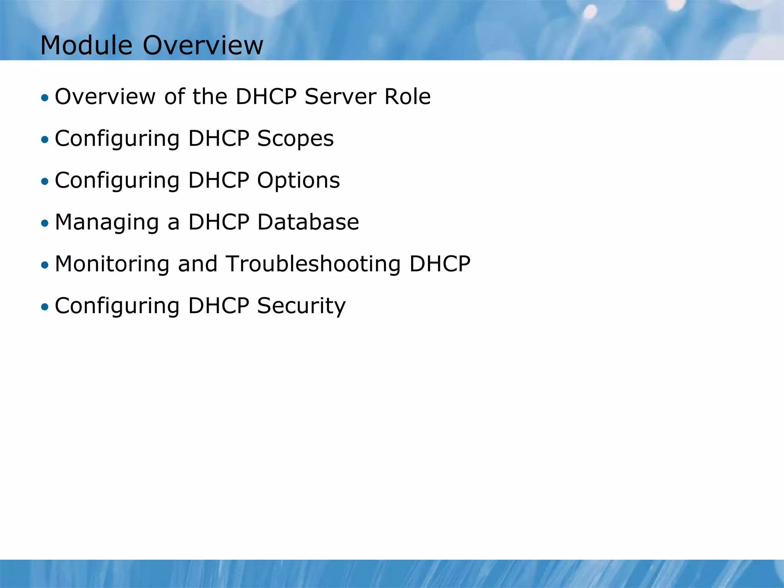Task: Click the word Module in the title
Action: click(86, 45)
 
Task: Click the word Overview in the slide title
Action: click(203, 45)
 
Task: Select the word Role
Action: click(407, 96)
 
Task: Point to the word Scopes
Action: click(295, 138)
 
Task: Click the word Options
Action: click(298, 180)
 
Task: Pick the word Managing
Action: click(107, 222)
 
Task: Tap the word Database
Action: click(308, 222)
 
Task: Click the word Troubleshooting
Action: click(313, 264)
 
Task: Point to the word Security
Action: click(301, 306)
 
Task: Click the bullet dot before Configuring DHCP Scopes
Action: click(45, 139)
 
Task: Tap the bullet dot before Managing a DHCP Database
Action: click(45, 223)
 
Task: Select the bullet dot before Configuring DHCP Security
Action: click(45, 307)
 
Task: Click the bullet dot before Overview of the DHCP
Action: click(45, 98)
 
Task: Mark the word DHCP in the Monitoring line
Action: click(439, 264)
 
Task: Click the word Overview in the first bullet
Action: click(105, 96)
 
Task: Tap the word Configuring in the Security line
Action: click(117, 306)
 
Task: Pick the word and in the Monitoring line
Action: click(198, 264)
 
